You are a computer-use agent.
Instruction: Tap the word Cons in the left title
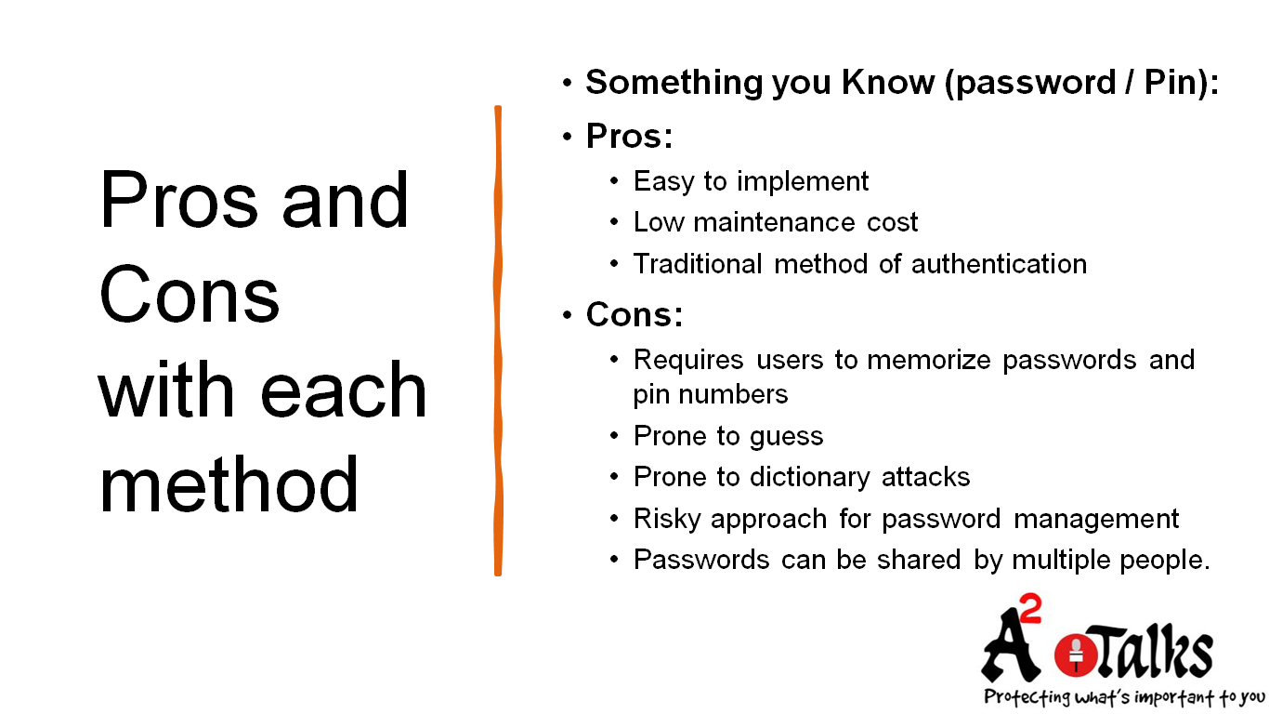[190, 296]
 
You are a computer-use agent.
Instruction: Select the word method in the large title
[229, 484]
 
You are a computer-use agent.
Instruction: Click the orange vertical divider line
[498, 340]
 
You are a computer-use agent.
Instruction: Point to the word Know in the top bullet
[887, 83]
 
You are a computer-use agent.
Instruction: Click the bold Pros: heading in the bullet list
[629, 137]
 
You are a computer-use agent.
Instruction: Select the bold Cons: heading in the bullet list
[634, 315]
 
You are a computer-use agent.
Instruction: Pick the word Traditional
[700, 264]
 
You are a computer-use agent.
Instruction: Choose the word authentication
[999, 264]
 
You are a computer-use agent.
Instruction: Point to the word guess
[788, 436]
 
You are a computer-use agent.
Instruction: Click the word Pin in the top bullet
[1170, 83]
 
